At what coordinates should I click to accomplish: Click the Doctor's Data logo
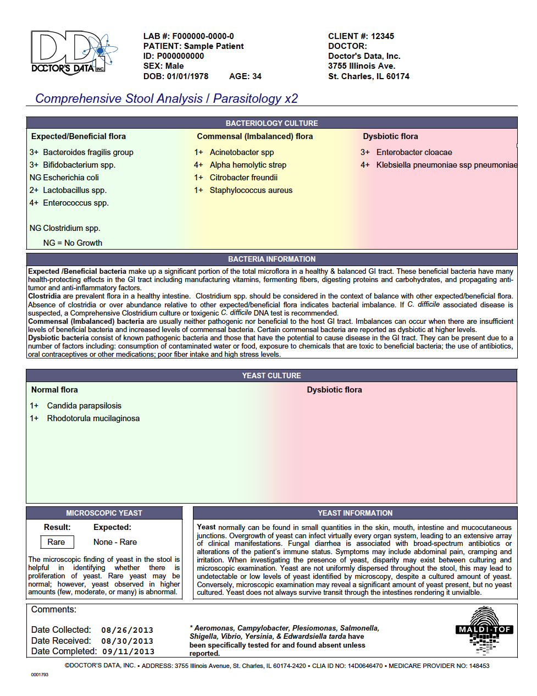coord(74,53)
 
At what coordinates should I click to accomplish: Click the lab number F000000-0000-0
coord(203,36)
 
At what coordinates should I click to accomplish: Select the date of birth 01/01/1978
coord(187,76)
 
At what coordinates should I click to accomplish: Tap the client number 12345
coord(382,36)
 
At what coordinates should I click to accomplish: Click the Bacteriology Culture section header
coord(272,123)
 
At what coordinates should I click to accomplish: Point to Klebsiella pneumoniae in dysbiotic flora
coord(446,165)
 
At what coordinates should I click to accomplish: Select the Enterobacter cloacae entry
coord(414,152)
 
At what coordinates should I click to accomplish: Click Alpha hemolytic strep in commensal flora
coord(248,165)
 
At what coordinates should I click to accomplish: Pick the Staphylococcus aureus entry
coord(251,190)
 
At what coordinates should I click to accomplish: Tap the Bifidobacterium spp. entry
coord(79,165)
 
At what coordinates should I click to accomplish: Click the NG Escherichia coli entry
coord(64,178)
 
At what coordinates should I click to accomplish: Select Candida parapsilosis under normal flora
coord(84,406)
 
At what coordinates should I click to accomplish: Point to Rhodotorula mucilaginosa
coord(93,418)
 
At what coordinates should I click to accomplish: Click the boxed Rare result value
coord(56,542)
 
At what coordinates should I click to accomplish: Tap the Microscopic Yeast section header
coord(104,513)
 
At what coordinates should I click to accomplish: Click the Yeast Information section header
coord(355,513)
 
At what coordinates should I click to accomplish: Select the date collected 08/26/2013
coord(127,630)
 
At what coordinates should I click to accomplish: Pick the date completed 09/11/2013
coord(128,651)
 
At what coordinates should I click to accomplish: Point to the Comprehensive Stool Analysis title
coord(167,98)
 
